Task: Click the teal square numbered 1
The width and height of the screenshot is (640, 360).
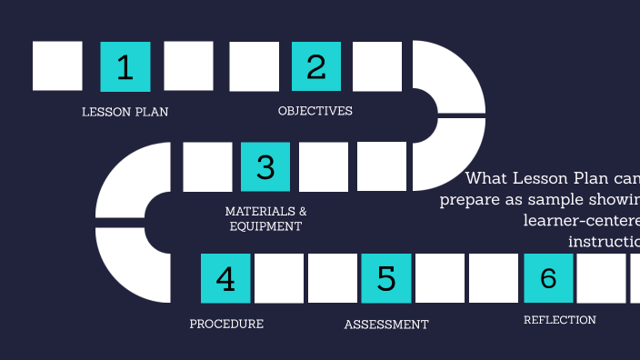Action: (125, 66)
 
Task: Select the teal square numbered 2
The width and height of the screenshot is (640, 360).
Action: (315, 66)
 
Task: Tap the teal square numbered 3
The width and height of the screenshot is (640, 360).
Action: (265, 166)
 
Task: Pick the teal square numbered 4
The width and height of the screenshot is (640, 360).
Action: (225, 278)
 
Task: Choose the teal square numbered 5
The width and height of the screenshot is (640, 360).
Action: (386, 278)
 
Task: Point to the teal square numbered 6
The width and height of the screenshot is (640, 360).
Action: (548, 278)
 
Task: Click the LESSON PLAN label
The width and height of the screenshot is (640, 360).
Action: (125, 112)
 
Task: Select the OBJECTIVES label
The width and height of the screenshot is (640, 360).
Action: (315, 111)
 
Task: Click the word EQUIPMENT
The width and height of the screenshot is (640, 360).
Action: (265, 226)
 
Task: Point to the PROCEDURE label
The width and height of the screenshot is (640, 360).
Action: (226, 324)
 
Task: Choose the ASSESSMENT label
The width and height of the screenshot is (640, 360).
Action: (386, 325)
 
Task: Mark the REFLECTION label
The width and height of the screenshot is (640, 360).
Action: (560, 320)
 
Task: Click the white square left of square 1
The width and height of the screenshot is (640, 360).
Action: (57, 66)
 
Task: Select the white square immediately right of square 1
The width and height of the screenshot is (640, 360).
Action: (188, 66)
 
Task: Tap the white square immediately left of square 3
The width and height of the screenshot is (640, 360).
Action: (207, 166)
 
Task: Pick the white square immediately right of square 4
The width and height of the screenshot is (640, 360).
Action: (279, 278)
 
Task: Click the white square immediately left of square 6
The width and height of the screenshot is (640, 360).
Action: (494, 278)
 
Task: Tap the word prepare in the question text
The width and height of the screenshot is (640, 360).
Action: (472, 200)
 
